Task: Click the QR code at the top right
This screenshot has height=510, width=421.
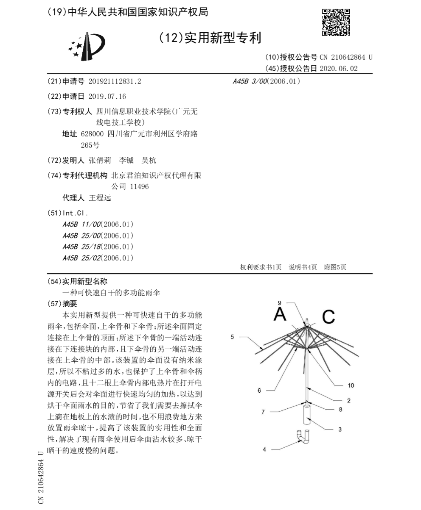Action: [x=336, y=22]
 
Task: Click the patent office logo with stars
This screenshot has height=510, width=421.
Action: [x=87, y=47]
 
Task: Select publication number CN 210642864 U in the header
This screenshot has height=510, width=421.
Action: [x=346, y=58]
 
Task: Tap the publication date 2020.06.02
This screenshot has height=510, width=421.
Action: [x=338, y=69]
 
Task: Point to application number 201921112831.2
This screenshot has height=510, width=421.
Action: [x=115, y=82]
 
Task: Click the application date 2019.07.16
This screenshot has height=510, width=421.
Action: [x=107, y=96]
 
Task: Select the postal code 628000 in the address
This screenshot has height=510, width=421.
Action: [x=92, y=134]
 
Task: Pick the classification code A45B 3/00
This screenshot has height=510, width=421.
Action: [x=249, y=81]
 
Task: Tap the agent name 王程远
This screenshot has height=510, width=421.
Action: [x=100, y=198]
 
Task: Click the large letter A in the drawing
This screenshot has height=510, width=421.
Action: [x=280, y=314]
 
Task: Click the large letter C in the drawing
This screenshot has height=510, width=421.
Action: [x=328, y=316]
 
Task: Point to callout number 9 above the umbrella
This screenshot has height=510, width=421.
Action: [x=280, y=302]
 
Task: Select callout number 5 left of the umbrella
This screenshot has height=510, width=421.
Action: [x=232, y=337]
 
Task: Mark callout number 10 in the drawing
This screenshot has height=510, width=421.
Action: [x=351, y=385]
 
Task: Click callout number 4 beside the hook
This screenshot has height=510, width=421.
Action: [x=264, y=449]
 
